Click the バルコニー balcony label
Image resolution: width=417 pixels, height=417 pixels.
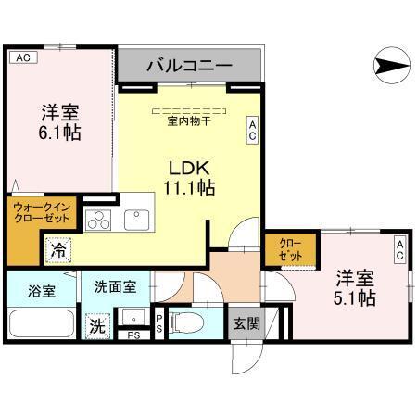pyautogui.click(x=190, y=67)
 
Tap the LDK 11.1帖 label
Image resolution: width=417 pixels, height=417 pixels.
pyautogui.click(x=191, y=178)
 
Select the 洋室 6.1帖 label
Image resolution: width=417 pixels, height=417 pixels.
pyautogui.click(x=59, y=122)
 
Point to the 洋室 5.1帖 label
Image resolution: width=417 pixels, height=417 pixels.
pyautogui.click(x=355, y=287)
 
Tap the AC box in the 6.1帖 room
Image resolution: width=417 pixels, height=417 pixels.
pyautogui.click(x=23, y=57)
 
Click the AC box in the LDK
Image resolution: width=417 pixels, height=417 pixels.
pyautogui.click(x=251, y=130)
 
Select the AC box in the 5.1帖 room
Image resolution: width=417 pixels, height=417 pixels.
pyautogui.click(x=398, y=247)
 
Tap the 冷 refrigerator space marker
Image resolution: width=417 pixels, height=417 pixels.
pyautogui.click(x=58, y=249)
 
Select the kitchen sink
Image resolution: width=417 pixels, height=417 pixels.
pyautogui.click(x=137, y=220)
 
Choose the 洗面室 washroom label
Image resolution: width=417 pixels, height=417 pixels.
pyautogui.click(x=116, y=288)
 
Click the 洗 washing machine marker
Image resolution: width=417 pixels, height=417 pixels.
pyautogui.click(x=96, y=326)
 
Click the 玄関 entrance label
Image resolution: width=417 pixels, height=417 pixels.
pyautogui.click(x=246, y=323)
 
